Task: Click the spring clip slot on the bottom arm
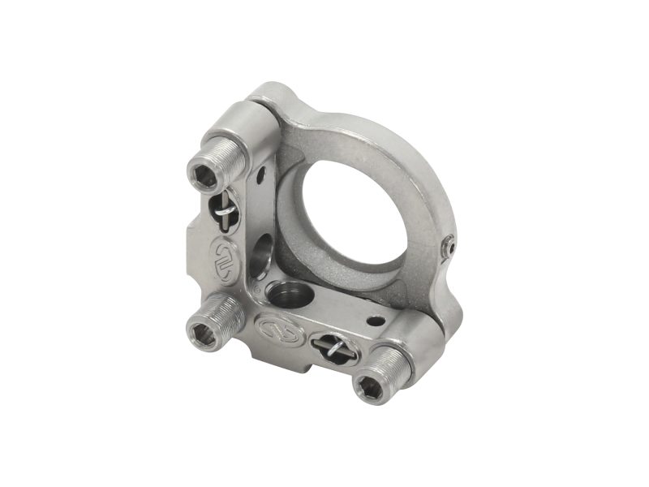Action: point(334,350)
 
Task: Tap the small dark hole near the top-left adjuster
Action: point(261,173)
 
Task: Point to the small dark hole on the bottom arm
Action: point(375,321)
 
